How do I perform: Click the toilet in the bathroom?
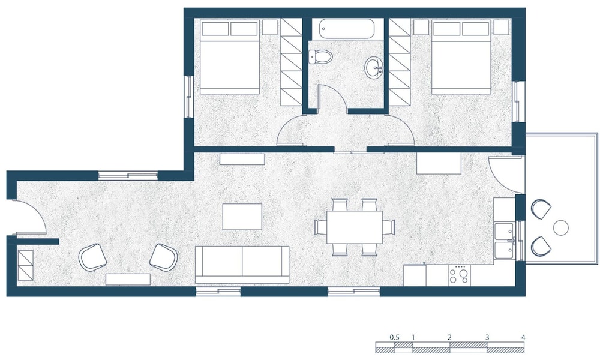tap(320, 57)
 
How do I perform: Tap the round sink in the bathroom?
tap(373, 68)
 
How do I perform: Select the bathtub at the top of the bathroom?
tap(346, 28)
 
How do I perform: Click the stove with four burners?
tap(460, 275)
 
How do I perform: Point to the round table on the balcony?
tap(561, 227)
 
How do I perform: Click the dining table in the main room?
tap(355, 227)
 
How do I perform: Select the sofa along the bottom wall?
tap(242, 265)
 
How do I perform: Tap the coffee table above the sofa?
tap(242, 217)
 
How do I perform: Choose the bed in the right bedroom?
tap(461, 57)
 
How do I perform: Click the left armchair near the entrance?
tap(92, 257)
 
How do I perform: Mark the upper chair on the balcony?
tap(541, 209)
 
